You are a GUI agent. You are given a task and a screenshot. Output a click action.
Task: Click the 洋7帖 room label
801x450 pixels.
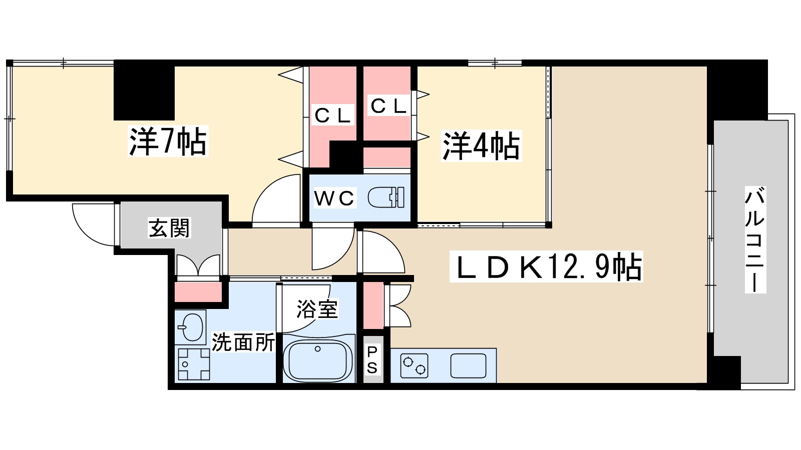click(168, 141)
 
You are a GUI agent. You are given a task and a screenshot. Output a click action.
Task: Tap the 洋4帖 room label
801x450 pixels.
click(481, 145)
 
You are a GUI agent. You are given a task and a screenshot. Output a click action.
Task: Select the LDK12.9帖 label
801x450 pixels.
click(548, 267)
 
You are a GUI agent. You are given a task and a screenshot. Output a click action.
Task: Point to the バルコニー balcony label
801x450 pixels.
click(754, 239)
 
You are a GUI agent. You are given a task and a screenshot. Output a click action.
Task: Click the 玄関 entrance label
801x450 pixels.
click(170, 228)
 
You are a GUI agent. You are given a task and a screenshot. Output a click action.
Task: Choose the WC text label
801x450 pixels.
click(334, 198)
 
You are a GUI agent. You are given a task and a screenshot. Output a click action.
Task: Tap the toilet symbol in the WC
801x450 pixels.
click(386, 197)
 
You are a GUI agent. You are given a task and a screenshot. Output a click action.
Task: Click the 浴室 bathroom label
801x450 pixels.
click(317, 308)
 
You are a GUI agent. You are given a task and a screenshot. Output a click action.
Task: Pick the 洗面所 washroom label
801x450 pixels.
click(243, 342)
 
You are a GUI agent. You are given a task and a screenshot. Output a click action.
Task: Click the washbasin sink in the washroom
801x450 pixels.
click(190, 327)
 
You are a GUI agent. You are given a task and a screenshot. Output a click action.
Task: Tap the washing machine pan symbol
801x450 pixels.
click(194, 364)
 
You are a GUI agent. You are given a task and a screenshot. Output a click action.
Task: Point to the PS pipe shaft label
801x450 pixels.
click(372, 360)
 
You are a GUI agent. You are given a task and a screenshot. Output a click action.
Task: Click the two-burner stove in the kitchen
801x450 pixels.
click(415, 365)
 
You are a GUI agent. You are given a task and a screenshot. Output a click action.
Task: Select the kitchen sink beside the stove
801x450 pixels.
click(468, 365)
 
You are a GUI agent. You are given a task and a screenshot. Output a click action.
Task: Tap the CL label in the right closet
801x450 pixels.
click(388, 106)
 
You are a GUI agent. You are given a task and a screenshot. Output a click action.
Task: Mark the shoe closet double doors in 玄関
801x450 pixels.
click(198, 266)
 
